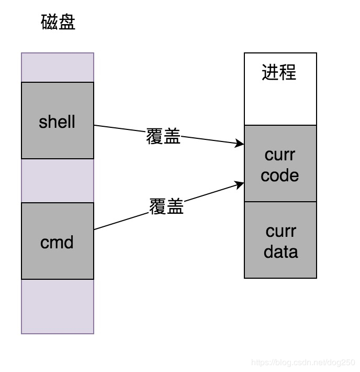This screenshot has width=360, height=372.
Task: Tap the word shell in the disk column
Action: (57, 122)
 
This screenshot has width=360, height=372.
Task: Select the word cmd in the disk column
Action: (57, 243)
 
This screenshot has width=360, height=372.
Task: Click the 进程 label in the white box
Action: (279, 72)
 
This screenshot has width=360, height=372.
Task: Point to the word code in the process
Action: (280, 175)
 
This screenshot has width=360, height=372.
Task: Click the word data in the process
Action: (280, 251)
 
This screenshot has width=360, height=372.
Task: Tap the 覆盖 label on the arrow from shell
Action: (163, 137)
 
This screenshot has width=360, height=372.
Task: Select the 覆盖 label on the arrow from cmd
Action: (166, 206)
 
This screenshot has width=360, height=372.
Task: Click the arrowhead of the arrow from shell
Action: (240, 143)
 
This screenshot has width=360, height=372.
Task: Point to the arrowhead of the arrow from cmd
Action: (240, 184)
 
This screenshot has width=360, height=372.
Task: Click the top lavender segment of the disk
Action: (58, 67)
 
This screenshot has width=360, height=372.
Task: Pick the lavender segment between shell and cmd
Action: (58, 181)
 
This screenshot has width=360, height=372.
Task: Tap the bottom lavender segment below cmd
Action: (58, 306)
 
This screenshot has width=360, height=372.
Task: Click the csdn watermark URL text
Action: (303, 362)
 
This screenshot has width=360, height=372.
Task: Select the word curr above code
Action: (280, 155)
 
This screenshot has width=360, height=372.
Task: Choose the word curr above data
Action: (280, 231)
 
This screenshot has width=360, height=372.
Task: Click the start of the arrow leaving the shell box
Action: (95, 125)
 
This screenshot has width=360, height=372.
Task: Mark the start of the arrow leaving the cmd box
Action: (95, 229)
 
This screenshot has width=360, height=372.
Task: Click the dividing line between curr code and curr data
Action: (280, 202)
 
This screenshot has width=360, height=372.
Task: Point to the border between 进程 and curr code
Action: (280, 125)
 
